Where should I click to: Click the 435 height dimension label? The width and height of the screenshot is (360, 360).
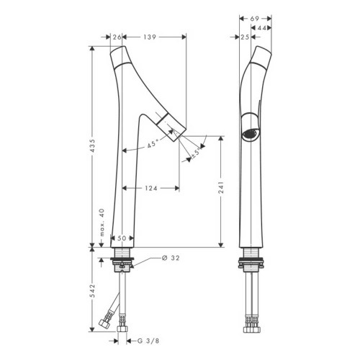pyautogui.click(x=93, y=145)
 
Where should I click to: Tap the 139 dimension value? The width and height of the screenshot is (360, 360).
pyautogui.click(x=150, y=37)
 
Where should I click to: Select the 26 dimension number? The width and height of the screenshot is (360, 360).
pyautogui.click(x=117, y=37)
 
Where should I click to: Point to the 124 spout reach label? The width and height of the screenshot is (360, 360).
pyautogui.click(x=151, y=188)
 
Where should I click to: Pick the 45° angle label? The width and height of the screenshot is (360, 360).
pyautogui.click(x=153, y=145)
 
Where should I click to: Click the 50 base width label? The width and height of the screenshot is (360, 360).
pyautogui.click(x=122, y=238)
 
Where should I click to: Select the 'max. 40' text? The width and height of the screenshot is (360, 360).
pyautogui.click(x=102, y=222)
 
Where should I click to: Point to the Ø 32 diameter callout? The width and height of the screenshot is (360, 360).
pyautogui.click(x=171, y=258)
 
